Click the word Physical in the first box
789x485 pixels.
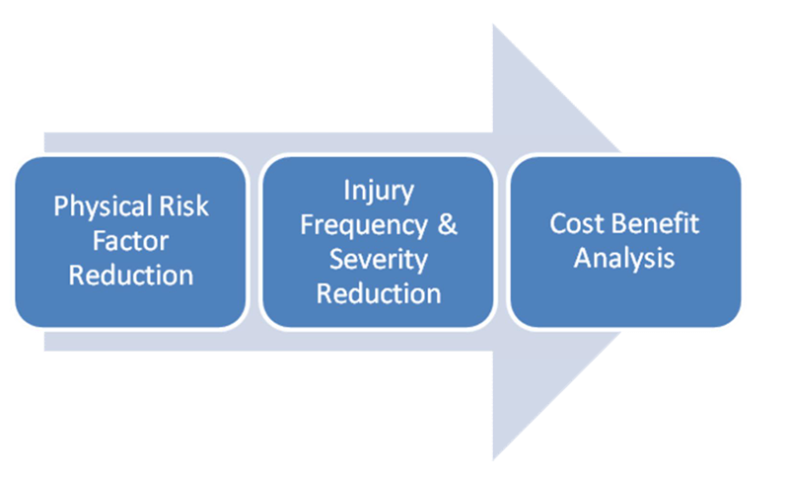click(104, 207)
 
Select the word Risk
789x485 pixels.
click(183, 207)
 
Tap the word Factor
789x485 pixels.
click(131, 240)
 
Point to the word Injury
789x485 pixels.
click(378, 191)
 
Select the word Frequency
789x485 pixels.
click(364, 224)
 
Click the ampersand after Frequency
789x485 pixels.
click(447, 224)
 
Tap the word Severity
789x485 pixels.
click(378, 259)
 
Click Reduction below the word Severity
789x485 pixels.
click(378, 292)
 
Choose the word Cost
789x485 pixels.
click(573, 223)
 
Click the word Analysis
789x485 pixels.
click(624, 258)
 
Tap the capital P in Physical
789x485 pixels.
click(60, 207)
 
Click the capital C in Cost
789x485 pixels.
click(557, 223)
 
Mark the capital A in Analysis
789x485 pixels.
click(583, 258)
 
